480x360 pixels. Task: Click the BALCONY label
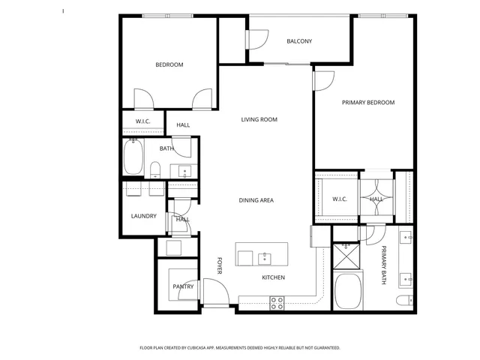(299, 41)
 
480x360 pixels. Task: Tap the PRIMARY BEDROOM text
(367, 103)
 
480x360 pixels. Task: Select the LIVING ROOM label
(259, 120)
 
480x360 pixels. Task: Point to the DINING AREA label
(256, 200)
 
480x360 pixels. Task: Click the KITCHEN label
(272, 277)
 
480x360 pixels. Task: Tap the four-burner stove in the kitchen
(277, 302)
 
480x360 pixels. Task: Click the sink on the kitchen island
(265, 258)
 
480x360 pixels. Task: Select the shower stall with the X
(346, 256)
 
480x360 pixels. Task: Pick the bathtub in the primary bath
(349, 292)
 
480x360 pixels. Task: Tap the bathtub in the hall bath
(134, 159)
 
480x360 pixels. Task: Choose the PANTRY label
(183, 286)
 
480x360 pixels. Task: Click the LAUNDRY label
(143, 216)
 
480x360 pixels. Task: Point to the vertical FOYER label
(220, 265)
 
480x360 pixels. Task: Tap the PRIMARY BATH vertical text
(382, 265)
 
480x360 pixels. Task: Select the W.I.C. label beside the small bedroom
(142, 121)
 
